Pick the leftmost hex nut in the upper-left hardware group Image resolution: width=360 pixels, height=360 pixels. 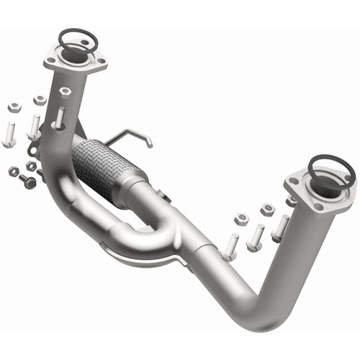tap(14, 107)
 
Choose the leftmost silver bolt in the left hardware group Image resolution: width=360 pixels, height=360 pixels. tap(9, 134)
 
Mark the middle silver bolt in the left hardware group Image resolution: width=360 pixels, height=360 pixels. tap(34, 127)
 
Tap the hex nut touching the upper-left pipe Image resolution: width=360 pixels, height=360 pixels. tap(65, 92)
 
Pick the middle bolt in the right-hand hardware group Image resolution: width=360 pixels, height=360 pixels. tap(255, 238)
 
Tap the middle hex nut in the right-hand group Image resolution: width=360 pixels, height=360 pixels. tap(267, 210)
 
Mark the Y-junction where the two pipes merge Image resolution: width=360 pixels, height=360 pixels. tap(173, 230)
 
